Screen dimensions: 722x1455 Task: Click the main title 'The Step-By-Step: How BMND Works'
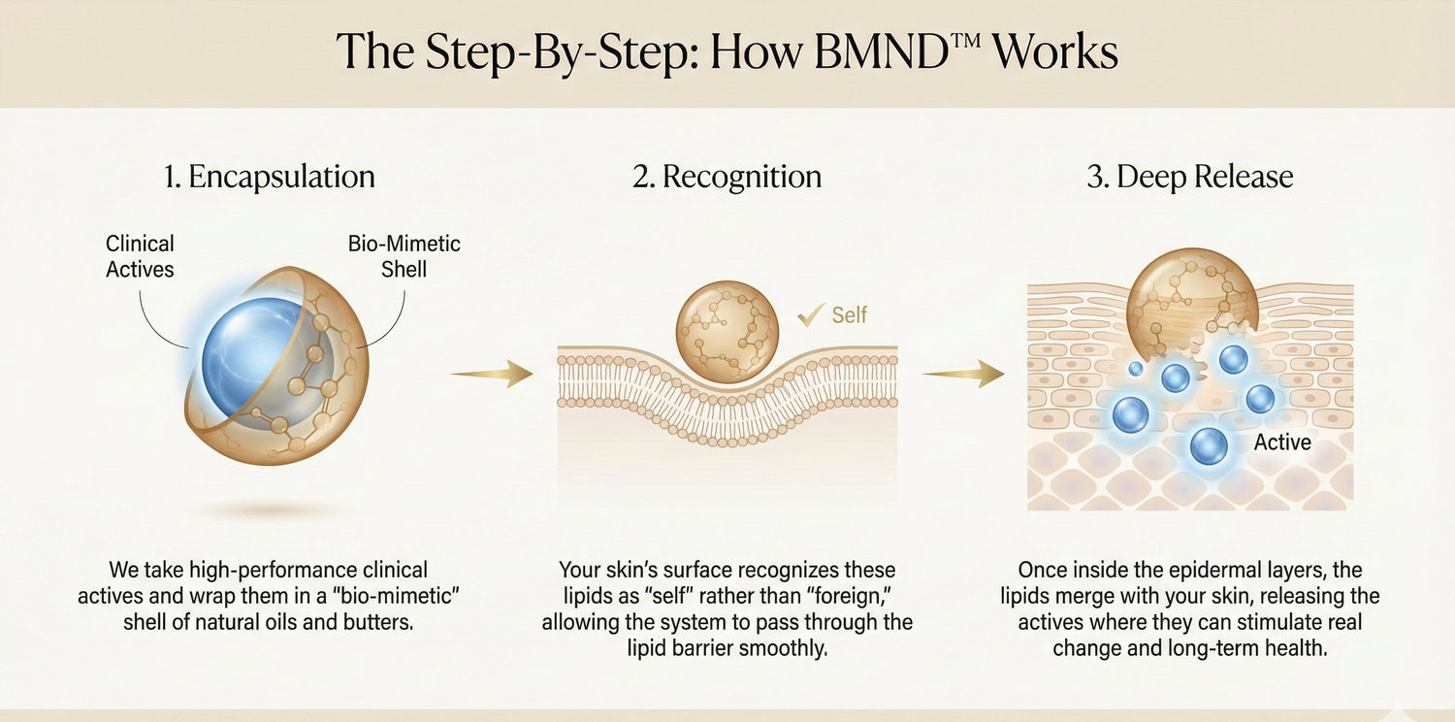[727, 51]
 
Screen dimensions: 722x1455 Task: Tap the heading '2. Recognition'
[727, 178]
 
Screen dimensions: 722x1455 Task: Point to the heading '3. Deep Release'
[1189, 178]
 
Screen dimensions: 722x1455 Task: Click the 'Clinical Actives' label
[140, 255]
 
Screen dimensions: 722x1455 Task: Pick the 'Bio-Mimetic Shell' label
[404, 255]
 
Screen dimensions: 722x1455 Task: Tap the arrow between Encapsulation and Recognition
[493, 374]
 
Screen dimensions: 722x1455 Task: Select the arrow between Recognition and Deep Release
[963, 374]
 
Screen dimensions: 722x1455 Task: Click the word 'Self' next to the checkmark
[849, 314]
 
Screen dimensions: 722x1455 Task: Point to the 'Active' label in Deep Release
[1282, 443]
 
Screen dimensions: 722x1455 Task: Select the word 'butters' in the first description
[380, 622]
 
